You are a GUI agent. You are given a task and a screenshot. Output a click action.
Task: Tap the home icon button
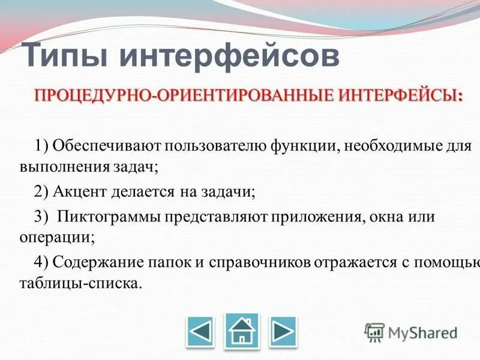(x=242, y=331)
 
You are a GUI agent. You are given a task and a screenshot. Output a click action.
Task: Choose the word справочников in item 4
(x=259, y=261)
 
